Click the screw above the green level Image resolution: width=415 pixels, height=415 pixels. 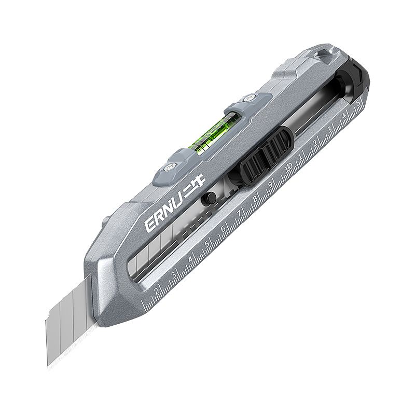tap(248, 98)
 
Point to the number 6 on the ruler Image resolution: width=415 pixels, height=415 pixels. tap(224, 228)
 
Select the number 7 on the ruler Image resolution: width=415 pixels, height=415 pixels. tap(240, 214)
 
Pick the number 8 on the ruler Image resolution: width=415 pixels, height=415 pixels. tap(255, 199)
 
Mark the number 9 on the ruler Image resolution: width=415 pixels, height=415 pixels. tap(271, 184)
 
